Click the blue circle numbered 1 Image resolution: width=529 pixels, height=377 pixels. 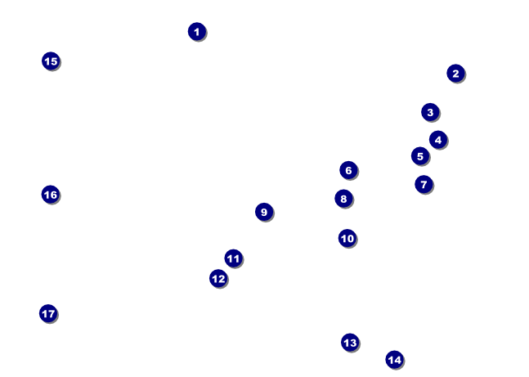196,32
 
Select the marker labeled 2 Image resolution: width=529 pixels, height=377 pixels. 455,73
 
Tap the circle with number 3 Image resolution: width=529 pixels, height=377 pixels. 430,112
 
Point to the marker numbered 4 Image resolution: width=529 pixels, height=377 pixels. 438,140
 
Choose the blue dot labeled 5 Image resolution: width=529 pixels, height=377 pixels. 420,156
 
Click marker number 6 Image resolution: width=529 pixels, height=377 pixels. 348,170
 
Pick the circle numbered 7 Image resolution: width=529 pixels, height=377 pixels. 424,184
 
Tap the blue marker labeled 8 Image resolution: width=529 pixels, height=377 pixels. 343,199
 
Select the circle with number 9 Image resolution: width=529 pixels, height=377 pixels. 263,212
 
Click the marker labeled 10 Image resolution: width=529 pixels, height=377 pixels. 347,238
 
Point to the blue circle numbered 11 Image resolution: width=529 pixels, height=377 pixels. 233,258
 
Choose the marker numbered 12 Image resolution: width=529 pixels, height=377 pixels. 218,278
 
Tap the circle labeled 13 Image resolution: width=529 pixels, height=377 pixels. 350,343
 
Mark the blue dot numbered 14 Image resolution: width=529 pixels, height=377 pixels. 394,359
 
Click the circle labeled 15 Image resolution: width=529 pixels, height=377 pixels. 51,61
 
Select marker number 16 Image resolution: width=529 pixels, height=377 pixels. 51,194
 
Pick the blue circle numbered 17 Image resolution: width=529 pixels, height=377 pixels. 48,313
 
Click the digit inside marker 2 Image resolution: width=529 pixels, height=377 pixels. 455,73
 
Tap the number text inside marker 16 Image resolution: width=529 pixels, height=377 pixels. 51,194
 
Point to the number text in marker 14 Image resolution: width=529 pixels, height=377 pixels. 394,359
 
